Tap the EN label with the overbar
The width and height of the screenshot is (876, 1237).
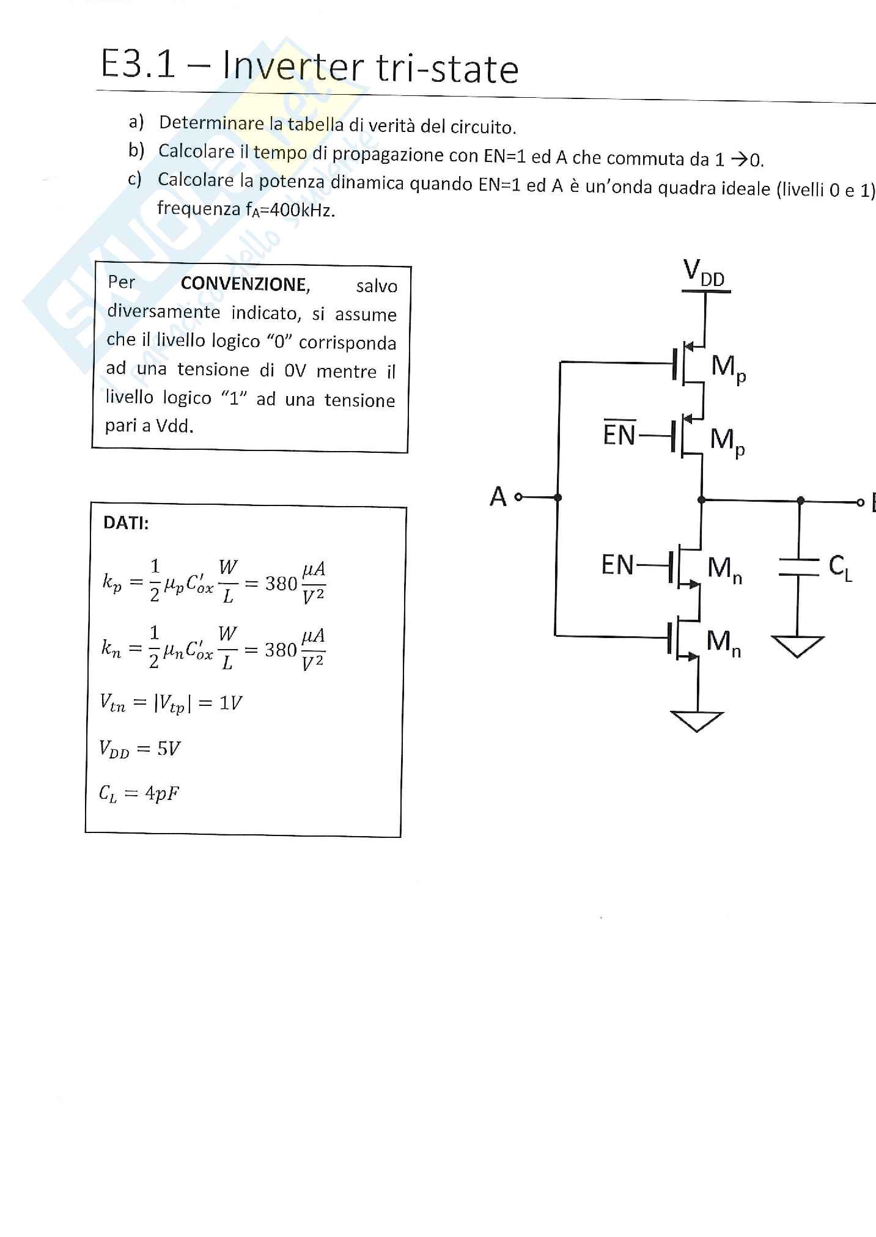[x=619, y=434]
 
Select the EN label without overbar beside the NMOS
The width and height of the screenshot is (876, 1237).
[x=617, y=565]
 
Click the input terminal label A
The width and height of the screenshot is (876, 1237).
[x=498, y=497]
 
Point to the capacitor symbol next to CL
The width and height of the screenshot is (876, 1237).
[x=798, y=567]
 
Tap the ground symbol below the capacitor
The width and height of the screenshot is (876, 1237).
[x=797, y=646]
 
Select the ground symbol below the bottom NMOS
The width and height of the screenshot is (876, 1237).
[x=697, y=721]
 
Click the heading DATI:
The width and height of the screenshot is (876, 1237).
[x=126, y=523]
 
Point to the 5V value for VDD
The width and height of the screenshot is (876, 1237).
[x=168, y=749]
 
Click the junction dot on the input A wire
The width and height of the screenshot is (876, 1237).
[x=558, y=497]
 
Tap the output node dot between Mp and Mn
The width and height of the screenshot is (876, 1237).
[x=701, y=500]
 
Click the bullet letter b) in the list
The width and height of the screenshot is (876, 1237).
[x=136, y=150]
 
